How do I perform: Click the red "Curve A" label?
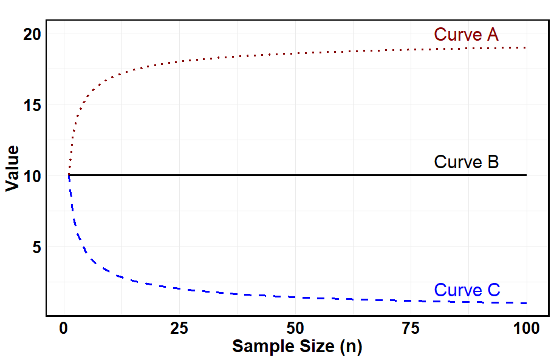point(466,35)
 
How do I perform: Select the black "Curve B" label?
point(466,162)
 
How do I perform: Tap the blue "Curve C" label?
point(467,290)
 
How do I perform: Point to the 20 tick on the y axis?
point(32,34)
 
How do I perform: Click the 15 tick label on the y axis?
point(32,105)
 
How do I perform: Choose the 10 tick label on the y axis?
point(32,176)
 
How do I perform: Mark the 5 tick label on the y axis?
point(36,247)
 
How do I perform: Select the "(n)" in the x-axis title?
point(351,347)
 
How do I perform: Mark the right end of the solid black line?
point(526,175)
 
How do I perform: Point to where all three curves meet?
point(69,175)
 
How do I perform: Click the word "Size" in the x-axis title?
point(313,347)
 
